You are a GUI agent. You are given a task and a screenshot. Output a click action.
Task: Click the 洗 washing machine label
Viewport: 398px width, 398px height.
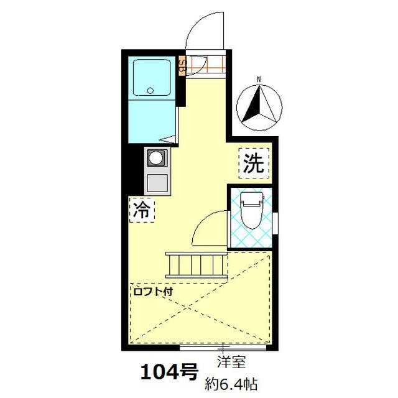[x=253, y=163]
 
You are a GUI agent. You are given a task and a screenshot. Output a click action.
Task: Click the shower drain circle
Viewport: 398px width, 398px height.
[x=150, y=91]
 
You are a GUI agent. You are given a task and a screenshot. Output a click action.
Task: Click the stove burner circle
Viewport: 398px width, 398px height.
[x=155, y=158]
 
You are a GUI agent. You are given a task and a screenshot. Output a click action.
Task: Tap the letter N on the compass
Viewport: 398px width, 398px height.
[x=260, y=79]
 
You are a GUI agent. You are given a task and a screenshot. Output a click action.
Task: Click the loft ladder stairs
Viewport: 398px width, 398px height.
[x=196, y=264]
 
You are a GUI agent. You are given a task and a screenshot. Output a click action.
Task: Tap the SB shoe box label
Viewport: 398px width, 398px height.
[x=182, y=65]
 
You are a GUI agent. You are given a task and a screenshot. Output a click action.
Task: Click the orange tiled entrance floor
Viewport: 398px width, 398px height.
[x=205, y=63]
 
